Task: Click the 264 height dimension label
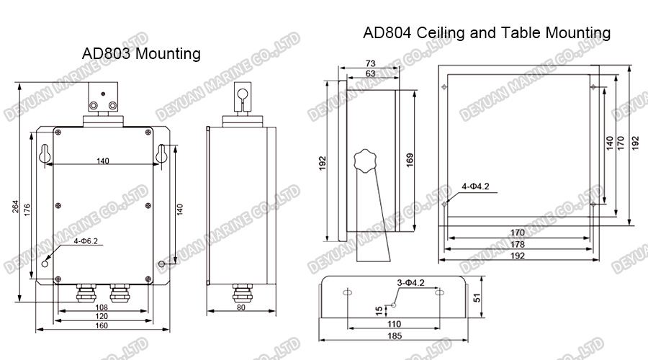click(x=15, y=207)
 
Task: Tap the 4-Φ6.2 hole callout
click(x=86, y=241)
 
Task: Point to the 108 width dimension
click(x=102, y=307)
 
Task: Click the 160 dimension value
click(x=102, y=325)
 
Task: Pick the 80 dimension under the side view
click(x=241, y=307)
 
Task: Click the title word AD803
click(x=107, y=54)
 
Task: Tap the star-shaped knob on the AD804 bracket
click(x=365, y=161)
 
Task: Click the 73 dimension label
click(x=370, y=63)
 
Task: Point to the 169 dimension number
click(x=410, y=160)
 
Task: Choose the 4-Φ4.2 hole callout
click(x=475, y=186)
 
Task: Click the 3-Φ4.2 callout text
click(x=411, y=283)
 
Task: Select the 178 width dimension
click(x=518, y=244)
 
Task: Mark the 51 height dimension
click(x=477, y=297)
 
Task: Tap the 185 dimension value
click(x=395, y=336)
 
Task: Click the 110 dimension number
click(x=395, y=324)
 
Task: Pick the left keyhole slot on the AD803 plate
click(x=44, y=154)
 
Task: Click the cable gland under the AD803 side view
click(x=241, y=293)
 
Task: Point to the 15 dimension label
click(x=379, y=311)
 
